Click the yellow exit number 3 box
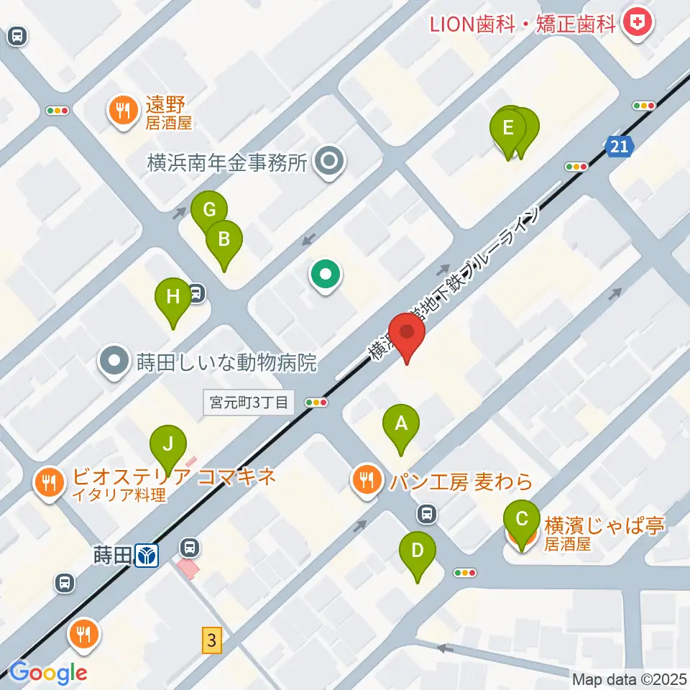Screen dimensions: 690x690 [211, 639]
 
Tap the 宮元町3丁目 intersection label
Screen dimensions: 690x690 [249, 402]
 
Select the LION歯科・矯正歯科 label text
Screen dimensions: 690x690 [523, 24]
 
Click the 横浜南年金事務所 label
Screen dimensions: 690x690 [227, 163]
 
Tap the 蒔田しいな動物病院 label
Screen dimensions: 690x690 [226, 362]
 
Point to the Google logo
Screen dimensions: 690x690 [48, 672]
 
